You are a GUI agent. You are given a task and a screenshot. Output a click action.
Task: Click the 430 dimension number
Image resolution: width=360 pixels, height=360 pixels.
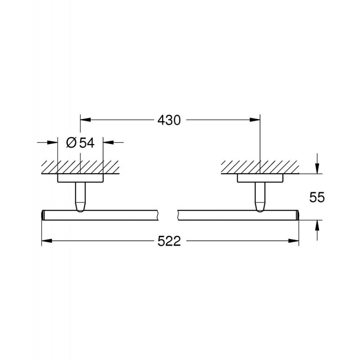[x=169, y=120]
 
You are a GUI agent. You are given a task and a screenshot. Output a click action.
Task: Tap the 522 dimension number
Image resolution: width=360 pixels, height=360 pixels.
[x=169, y=241]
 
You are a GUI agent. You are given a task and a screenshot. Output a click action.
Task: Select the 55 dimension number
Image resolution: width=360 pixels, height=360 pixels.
[x=317, y=197]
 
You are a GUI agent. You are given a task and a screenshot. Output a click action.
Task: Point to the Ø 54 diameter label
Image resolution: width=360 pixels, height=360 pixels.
[x=80, y=143]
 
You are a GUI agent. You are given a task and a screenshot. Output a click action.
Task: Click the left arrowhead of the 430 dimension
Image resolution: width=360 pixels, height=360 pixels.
[x=85, y=120]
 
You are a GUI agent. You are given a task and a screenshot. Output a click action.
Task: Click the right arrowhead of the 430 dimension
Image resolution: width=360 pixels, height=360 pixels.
[x=255, y=120]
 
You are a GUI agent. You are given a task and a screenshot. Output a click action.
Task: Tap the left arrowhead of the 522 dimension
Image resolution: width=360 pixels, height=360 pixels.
[x=47, y=241]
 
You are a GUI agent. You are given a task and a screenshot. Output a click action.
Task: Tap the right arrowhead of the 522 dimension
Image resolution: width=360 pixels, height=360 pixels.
[x=294, y=241]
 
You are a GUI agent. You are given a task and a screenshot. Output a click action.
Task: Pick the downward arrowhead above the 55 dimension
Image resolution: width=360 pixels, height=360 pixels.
[x=317, y=168]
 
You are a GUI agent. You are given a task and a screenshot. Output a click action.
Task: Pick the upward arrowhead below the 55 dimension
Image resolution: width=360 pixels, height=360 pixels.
[x=317, y=225]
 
